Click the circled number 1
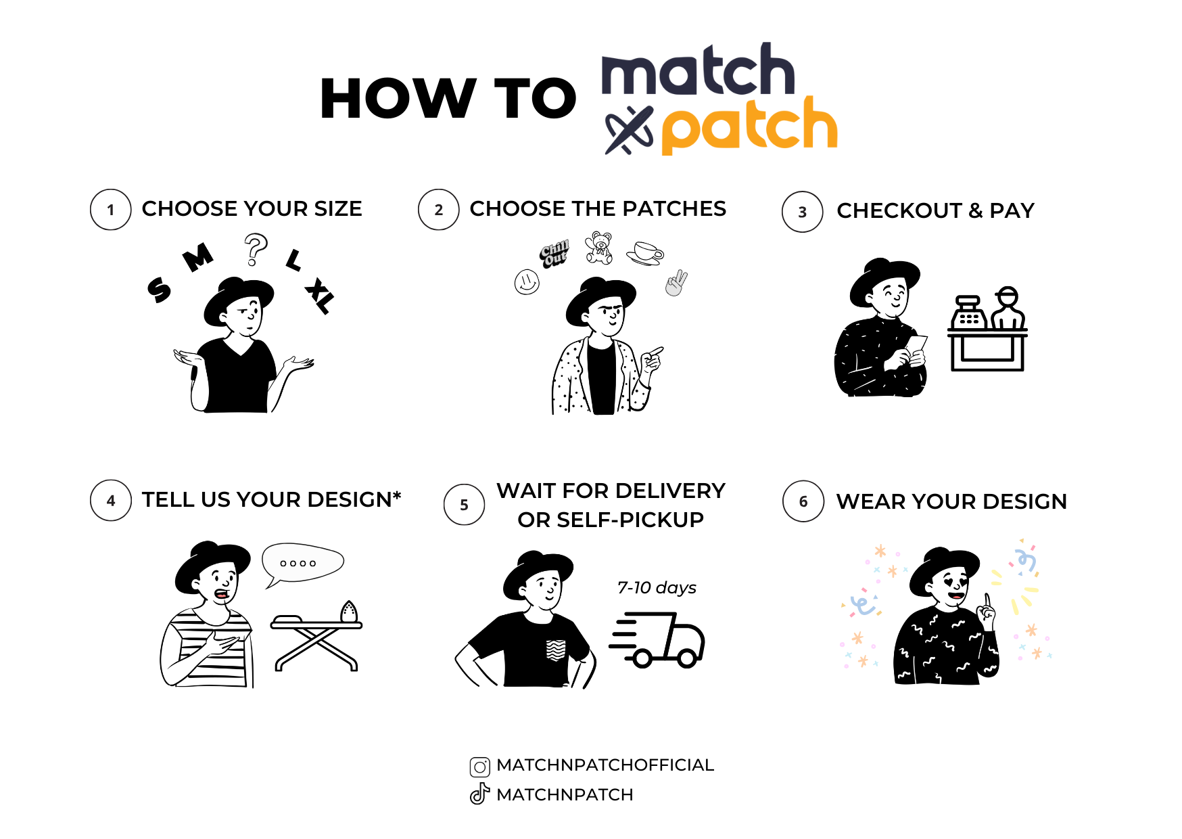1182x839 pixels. pyautogui.click(x=110, y=210)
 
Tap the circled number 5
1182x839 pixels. pyautogui.click(x=464, y=505)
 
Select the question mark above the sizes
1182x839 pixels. pyautogui.click(x=256, y=250)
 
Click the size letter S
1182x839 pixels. pyautogui.click(x=159, y=290)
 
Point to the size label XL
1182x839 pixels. pyautogui.click(x=320, y=296)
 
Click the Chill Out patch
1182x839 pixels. pyautogui.click(x=554, y=254)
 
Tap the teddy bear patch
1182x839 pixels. pyautogui.click(x=599, y=248)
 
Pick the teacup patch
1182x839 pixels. pyautogui.click(x=645, y=253)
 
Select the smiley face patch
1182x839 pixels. pyautogui.click(x=527, y=281)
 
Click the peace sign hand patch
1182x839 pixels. pyautogui.click(x=676, y=283)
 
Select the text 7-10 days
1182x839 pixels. pyautogui.click(x=657, y=587)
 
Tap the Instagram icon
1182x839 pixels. pyautogui.click(x=480, y=767)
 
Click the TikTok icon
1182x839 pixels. pyautogui.click(x=479, y=794)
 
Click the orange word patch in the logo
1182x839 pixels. pyautogui.click(x=749, y=125)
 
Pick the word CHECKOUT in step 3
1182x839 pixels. pyautogui.click(x=899, y=210)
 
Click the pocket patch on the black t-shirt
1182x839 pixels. pyautogui.click(x=556, y=650)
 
